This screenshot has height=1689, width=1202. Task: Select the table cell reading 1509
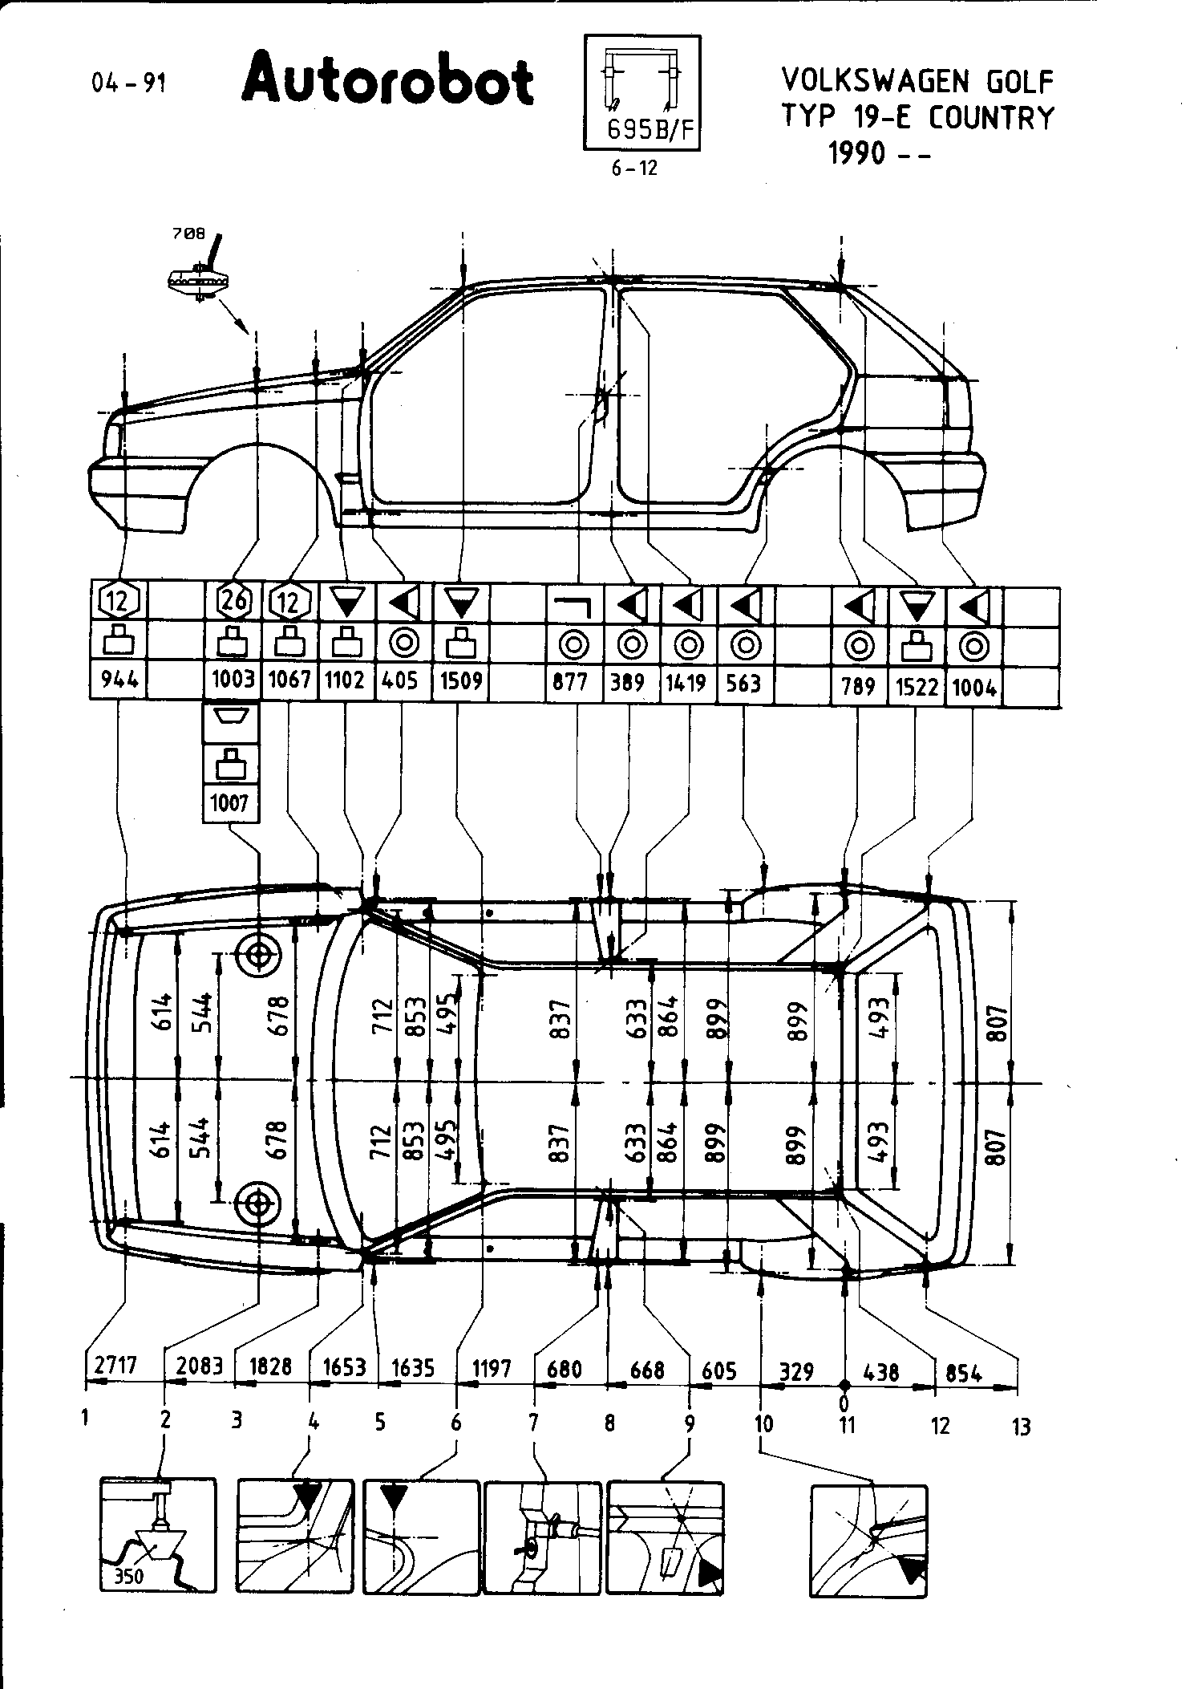point(461,680)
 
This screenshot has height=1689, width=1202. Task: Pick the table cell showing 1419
point(686,682)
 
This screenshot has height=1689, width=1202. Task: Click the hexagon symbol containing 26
point(233,599)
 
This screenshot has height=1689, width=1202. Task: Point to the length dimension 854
point(963,1372)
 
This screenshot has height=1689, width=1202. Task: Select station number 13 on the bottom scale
point(1021,1427)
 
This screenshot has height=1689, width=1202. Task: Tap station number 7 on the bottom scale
point(533,1423)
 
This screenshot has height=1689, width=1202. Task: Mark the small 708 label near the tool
point(188,234)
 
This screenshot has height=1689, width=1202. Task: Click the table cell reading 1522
point(917,686)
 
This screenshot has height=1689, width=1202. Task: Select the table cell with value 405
point(399,680)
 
